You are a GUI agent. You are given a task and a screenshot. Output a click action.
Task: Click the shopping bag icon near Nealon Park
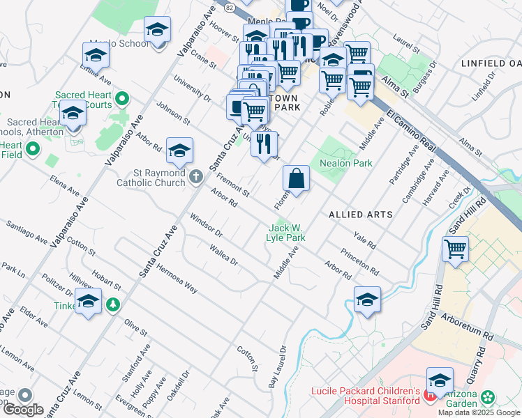click(x=297, y=178)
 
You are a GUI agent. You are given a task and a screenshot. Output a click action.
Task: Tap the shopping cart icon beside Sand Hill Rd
click(x=455, y=248)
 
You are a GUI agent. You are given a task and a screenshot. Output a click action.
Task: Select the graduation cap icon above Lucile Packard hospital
click(x=440, y=380)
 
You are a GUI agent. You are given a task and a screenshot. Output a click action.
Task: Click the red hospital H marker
click(x=431, y=396)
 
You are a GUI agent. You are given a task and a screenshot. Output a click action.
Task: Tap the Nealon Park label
click(x=345, y=163)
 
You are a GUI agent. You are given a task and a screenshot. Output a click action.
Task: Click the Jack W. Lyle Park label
click(x=287, y=233)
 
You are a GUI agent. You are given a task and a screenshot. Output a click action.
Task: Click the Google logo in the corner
click(x=22, y=410)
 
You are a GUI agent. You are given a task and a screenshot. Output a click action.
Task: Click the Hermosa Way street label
click(x=177, y=277)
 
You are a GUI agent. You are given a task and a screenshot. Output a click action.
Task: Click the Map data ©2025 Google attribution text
click(x=479, y=412)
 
